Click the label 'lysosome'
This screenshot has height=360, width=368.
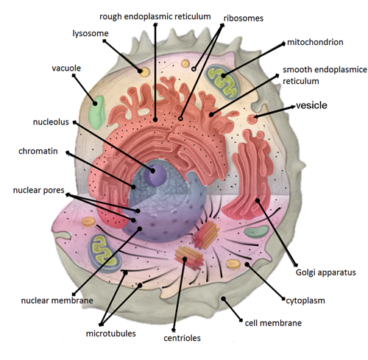click(x=91, y=33)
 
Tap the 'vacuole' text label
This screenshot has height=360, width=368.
click(x=66, y=68)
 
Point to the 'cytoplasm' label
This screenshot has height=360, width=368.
click(x=304, y=300)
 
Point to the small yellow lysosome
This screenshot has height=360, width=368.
click(x=145, y=72)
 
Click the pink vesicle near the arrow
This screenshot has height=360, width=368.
click(x=252, y=119)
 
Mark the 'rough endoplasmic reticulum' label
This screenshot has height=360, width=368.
click(x=155, y=15)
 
